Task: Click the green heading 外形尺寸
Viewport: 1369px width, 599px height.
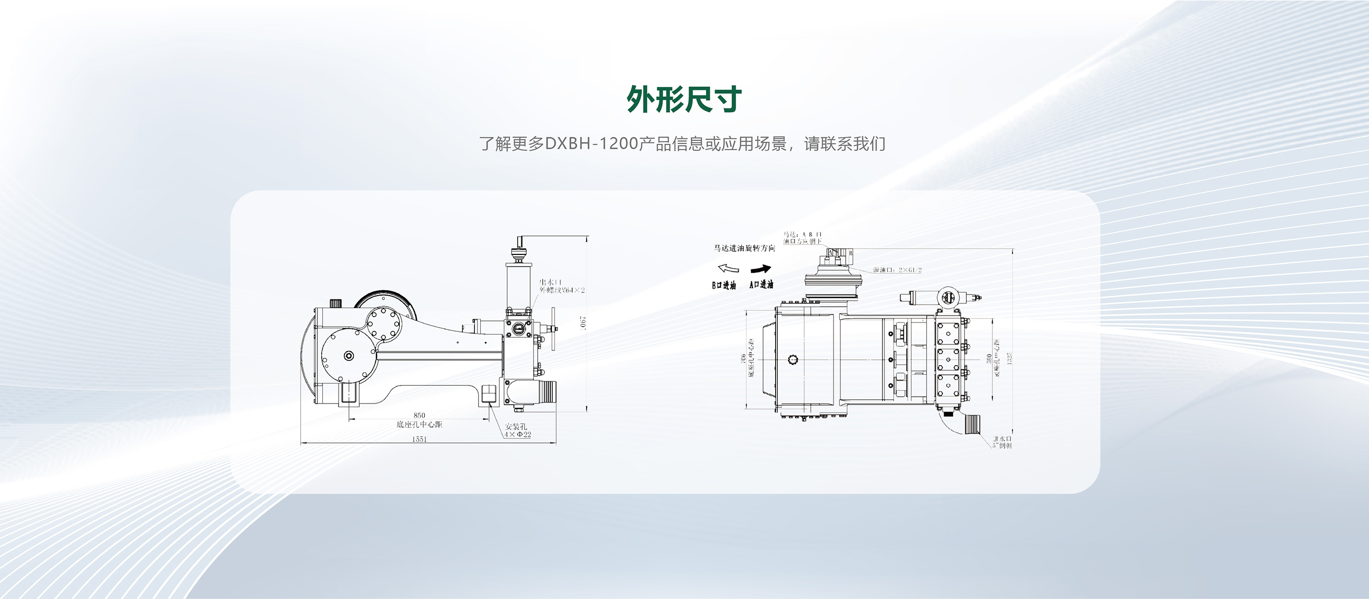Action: (x=684, y=99)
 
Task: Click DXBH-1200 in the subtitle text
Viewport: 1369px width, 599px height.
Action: (x=591, y=144)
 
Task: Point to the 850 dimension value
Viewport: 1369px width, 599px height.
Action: (x=419, y=415)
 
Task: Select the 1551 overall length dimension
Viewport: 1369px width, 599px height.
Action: (x=419, y=439)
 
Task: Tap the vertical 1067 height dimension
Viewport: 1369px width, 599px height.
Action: (x=583, y=322)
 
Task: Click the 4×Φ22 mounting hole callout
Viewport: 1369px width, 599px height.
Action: (x=518, y=434)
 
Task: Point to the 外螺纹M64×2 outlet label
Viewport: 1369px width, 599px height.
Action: (x=562, y=290)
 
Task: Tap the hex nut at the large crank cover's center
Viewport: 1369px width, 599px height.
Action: (x=349, y=356)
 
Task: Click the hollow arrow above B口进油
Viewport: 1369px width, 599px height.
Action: (x=728, y=268)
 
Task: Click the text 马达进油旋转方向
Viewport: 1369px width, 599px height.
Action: (x=744, y=248)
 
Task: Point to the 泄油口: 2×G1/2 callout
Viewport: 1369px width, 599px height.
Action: (x=897, y=270)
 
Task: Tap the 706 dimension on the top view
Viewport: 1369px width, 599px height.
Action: (x=742, y=359)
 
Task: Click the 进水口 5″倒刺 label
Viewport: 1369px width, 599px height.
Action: (x=1002, y=441)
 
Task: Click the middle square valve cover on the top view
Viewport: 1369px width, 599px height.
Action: (x=948, y=360)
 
